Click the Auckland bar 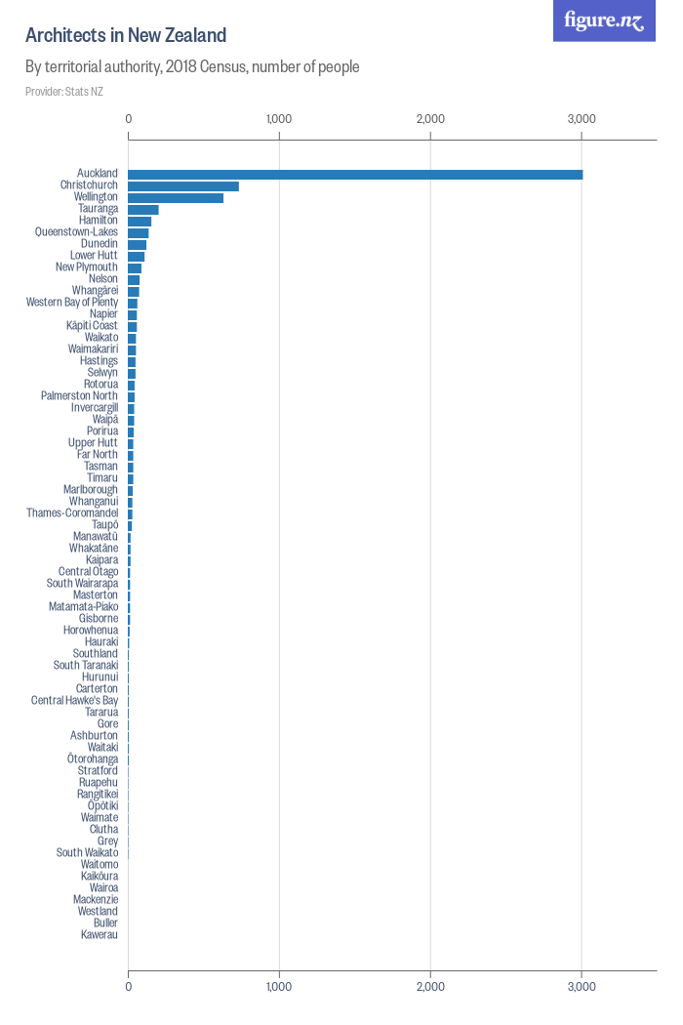[355, 174]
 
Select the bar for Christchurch [183, 185]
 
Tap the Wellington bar [176, 197]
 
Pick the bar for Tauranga [143, 209]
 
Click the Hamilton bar [140, 221]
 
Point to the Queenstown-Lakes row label [76, 232]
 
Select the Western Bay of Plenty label [72, 303]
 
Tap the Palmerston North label [79, 396]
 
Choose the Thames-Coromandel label [72, 513]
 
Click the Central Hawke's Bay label [74, 701]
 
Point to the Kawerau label [100, 935]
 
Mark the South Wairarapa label [82, 584]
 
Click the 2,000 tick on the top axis [430, 119]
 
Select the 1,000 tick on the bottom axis [279, 987]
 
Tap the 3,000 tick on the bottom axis [582, 987]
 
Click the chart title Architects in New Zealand [126, 36]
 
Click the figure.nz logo [604, 20]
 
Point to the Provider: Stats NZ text [64, 92]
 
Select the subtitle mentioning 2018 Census [192, 67]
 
